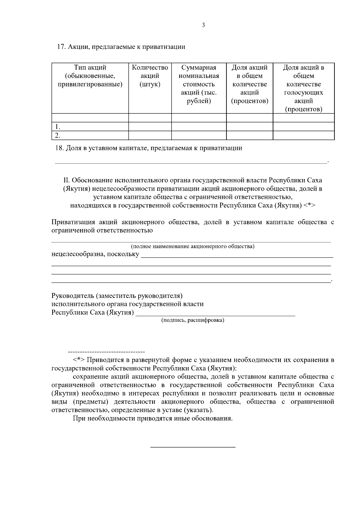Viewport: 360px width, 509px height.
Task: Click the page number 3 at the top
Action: coord(203,25)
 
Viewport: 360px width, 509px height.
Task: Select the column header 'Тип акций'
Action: coord(90,67)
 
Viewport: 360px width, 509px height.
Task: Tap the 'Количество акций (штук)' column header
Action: coord(150,76)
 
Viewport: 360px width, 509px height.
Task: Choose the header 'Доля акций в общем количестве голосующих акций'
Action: coord(303,88)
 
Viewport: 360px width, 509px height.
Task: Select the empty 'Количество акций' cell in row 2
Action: coord(150,136)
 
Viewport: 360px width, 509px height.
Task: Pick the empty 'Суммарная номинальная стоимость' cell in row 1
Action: coord(199,127)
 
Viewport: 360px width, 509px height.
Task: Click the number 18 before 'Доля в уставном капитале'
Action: coord(60,148)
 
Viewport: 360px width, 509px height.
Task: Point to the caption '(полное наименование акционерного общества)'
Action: coord(193,247)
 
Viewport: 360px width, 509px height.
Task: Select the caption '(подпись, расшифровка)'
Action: coord(193,320)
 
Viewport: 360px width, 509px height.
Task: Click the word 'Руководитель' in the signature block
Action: coord(73,296)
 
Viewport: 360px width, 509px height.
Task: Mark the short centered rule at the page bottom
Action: coord(193,448)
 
